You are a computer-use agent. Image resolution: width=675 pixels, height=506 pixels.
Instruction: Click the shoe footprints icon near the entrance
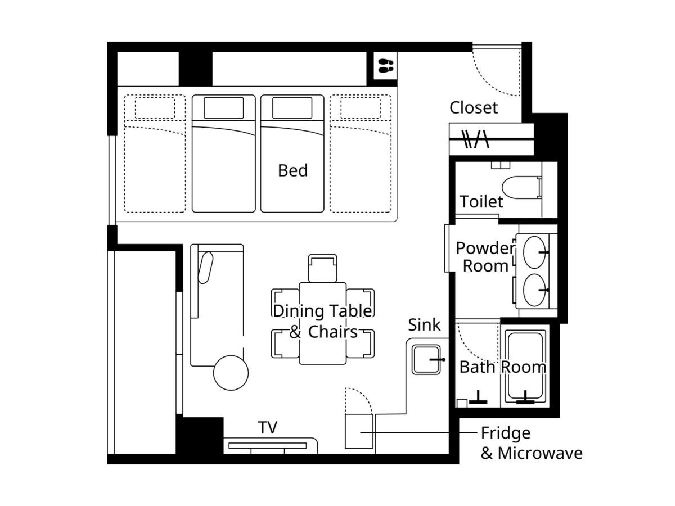(386, 66)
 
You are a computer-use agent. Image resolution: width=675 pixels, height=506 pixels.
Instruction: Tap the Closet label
(474, 108)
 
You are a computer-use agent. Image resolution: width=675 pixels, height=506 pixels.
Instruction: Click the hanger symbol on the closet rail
(476, 139)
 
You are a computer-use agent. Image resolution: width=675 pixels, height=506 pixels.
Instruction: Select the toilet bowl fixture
(521, 187)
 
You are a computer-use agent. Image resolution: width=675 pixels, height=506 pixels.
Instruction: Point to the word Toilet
(481, 202)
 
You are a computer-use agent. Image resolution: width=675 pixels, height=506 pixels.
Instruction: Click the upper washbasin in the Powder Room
(534, 252)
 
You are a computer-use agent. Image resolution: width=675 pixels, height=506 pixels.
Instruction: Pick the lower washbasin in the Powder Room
(534, 290)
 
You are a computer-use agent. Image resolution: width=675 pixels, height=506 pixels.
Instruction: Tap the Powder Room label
(485, 257)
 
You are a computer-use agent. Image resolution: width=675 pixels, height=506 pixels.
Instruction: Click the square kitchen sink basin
(426, 359)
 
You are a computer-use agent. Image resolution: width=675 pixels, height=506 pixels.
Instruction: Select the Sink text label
(424, 325)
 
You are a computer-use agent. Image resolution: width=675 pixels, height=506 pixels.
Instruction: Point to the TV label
(268, 427)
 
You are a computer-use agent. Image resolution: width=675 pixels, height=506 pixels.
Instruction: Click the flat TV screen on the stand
(268, 446)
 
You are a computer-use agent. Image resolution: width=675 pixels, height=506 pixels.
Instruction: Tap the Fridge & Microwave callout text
(532, 444)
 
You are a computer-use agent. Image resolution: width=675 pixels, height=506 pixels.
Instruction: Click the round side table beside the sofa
(231, 373)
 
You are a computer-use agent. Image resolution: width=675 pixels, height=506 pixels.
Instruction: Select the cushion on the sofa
(205, 268)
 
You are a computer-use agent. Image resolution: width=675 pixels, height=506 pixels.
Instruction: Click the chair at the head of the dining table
(322, 268)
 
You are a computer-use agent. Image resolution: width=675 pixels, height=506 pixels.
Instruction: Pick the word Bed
(292, 170)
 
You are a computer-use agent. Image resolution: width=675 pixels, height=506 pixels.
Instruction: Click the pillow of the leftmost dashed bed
(155, 108)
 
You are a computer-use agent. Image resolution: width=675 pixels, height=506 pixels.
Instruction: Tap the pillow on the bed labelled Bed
(292, 108)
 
